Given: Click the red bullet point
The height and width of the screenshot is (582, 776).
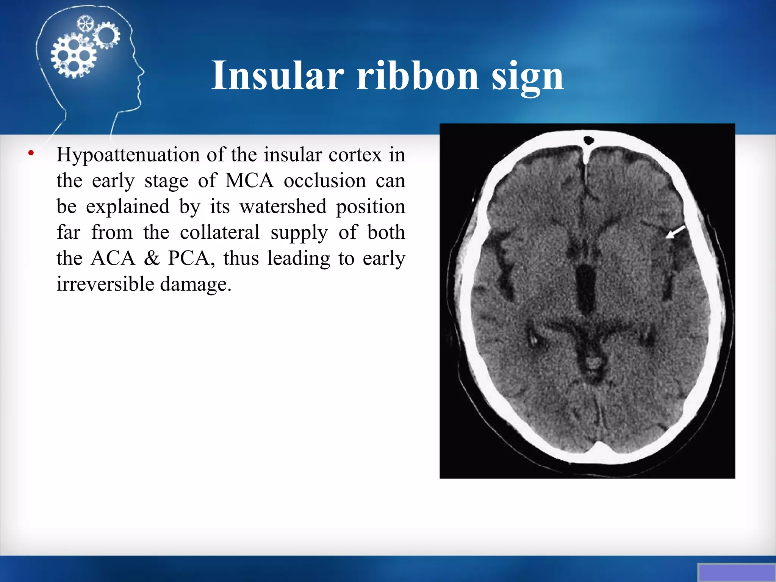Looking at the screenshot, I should coord(31,153).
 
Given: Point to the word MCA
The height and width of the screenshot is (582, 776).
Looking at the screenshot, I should coord(249,181).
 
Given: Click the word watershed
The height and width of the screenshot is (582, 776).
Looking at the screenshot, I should coord(283,207).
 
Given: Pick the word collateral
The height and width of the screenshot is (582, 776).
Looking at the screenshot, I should coord(220,232).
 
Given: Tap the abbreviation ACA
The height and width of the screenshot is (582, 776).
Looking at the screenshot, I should coord(113,258).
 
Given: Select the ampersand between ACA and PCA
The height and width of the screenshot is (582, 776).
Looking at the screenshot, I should coord(152,258).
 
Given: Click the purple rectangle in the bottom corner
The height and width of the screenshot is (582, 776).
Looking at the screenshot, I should coord(737,573).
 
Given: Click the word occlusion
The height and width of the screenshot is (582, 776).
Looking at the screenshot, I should coord(325,181).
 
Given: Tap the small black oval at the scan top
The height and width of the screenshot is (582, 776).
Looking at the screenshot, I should coord(588,141).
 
